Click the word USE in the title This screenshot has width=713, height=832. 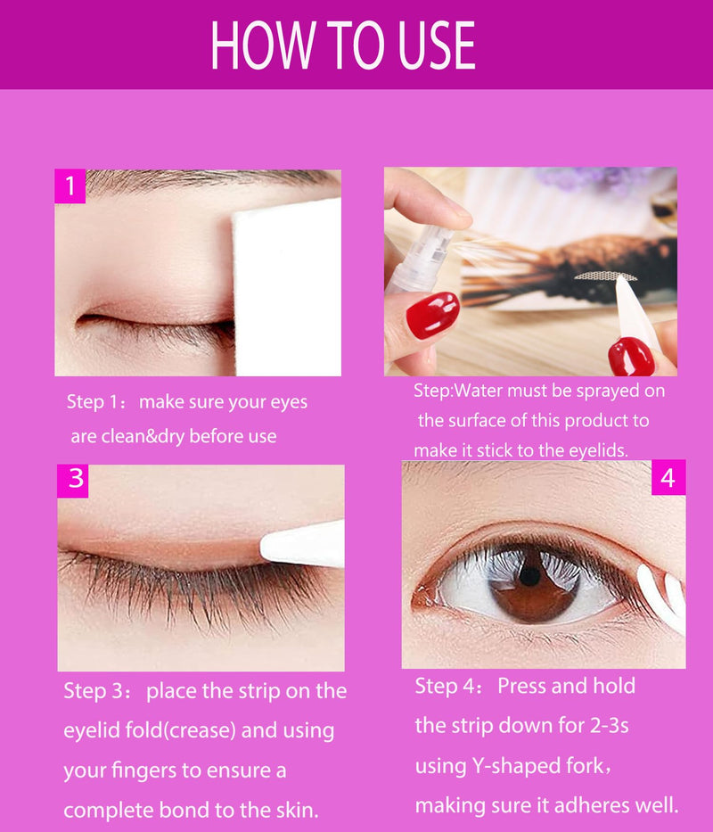click(436, 45)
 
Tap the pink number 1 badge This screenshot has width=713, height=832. click(70, 185)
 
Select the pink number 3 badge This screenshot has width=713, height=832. click(73, 481)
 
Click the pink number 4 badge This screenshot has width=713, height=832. click(668, 478)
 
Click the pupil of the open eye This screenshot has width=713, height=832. click(530, 575)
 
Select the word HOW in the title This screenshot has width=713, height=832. click(263, 45)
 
